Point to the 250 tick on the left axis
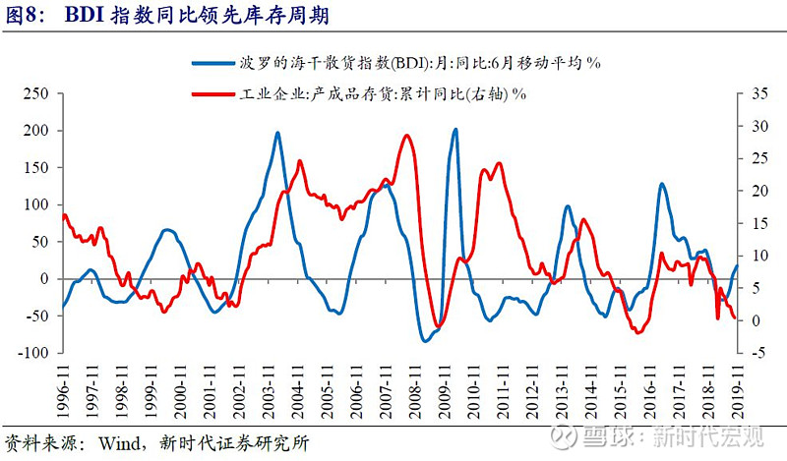point(35,93)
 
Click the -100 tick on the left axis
point(33,353)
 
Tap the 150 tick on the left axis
point(35,167)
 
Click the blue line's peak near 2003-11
point(277,133)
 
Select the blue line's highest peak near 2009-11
point(455,129)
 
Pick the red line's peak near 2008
point(407,136)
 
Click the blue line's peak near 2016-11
point(662,184)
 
